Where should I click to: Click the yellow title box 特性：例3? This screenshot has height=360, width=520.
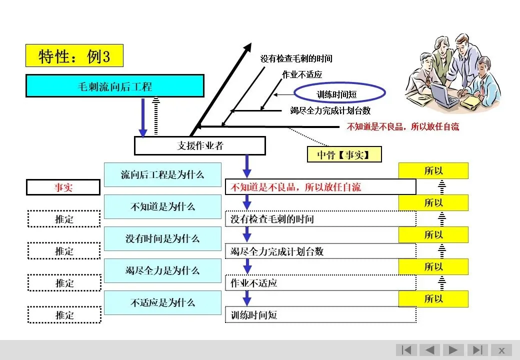(74, 55)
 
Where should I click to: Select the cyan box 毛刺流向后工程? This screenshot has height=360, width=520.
(114, 86)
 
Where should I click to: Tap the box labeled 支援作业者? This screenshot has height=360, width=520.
(200, 145)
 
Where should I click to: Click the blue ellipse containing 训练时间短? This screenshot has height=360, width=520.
(339, 93)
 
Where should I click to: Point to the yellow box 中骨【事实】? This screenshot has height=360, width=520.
(344, 154)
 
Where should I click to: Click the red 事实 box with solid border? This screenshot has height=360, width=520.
(63, 187)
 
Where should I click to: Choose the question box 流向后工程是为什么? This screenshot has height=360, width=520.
(162, 174)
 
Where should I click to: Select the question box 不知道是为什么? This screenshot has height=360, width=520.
(162, 206)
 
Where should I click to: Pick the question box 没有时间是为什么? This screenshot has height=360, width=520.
(162, 238)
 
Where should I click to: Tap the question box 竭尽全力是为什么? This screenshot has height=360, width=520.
(162, 270)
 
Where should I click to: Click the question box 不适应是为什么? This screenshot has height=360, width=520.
(162, 302)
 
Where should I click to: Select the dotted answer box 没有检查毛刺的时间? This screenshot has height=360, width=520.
(320, 219)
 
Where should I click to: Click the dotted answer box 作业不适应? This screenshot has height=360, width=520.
(320, 283)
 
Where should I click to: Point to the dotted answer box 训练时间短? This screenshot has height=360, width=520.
(320, 314)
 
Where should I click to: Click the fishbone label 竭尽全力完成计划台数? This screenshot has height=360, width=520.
(330, 110)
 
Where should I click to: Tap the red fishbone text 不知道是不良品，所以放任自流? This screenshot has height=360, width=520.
(403, 126)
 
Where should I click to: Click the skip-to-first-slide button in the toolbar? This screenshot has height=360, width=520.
(406, 350)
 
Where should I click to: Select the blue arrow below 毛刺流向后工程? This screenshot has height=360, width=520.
(143, 117)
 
